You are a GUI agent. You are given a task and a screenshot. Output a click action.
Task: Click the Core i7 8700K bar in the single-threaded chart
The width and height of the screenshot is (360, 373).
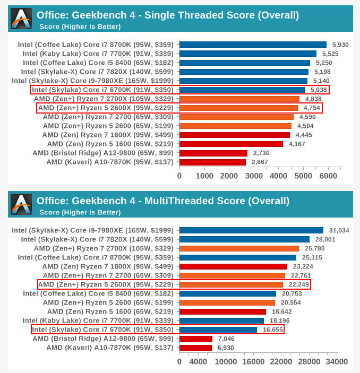pyautogui.click(x=253, y=45)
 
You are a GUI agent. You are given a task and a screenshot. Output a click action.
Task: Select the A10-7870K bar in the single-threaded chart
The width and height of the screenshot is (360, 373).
pyautogui.click(x=212, y=162)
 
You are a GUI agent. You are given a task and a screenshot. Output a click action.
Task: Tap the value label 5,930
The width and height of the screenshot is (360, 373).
pyautogui.click(x=340, y=45)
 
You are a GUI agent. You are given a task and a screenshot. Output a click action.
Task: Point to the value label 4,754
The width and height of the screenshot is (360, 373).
pyautogui.click(x=312, y=108)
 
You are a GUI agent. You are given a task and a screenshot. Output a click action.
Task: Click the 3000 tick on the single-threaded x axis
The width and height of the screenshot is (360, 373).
pyautogui.click(x=254, y=176)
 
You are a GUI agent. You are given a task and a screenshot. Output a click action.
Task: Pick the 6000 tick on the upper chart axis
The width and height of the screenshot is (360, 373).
pyautogui.click(x=328, y=176)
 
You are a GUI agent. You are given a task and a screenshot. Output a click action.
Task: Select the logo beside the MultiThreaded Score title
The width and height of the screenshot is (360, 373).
pyautogui.click(x=21, y=205)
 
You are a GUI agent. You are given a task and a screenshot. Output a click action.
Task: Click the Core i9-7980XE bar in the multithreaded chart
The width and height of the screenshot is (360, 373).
pyautogui.click(x=251, y=230)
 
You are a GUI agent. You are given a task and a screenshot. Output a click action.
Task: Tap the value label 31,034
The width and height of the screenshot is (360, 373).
pyautogui.click(x=339, y=230)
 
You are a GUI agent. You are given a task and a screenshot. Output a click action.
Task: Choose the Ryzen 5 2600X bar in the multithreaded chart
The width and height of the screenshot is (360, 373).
pyautogui.click(x=231, y=284)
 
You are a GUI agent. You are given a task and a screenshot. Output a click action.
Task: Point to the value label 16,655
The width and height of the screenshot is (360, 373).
pyautogui.click(x=273, y=329)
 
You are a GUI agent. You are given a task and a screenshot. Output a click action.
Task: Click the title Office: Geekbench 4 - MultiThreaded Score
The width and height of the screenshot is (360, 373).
pyautogui.click(x=162, y=201)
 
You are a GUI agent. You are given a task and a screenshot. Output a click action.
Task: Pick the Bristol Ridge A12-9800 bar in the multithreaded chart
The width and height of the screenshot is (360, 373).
pyautogui.click(x=196, y=339)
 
